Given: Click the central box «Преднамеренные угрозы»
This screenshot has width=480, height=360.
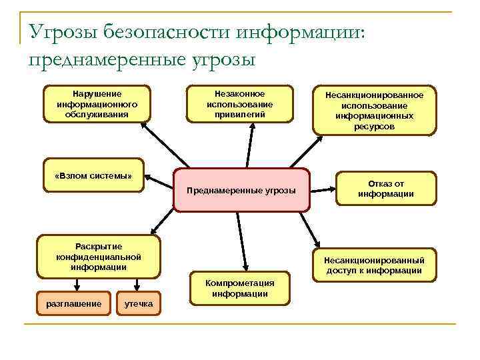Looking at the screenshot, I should tap(242, 190).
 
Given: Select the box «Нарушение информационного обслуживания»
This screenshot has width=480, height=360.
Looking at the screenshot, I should tap(97, 104).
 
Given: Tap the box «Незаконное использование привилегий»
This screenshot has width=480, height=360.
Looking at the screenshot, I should tap(239, 104).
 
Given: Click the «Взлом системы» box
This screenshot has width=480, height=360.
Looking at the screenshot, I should tap(93, 176).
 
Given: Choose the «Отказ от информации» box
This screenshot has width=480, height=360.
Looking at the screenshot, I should tap(386, 189).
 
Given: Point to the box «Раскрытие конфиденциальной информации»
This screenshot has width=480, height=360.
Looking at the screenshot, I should tap(99, 257).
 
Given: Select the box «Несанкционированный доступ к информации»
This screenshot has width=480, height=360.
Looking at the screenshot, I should tap(374, 265).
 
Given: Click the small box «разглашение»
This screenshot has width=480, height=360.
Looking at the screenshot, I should tap(73, 304).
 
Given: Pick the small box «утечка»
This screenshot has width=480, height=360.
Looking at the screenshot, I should tap(139, 304).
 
